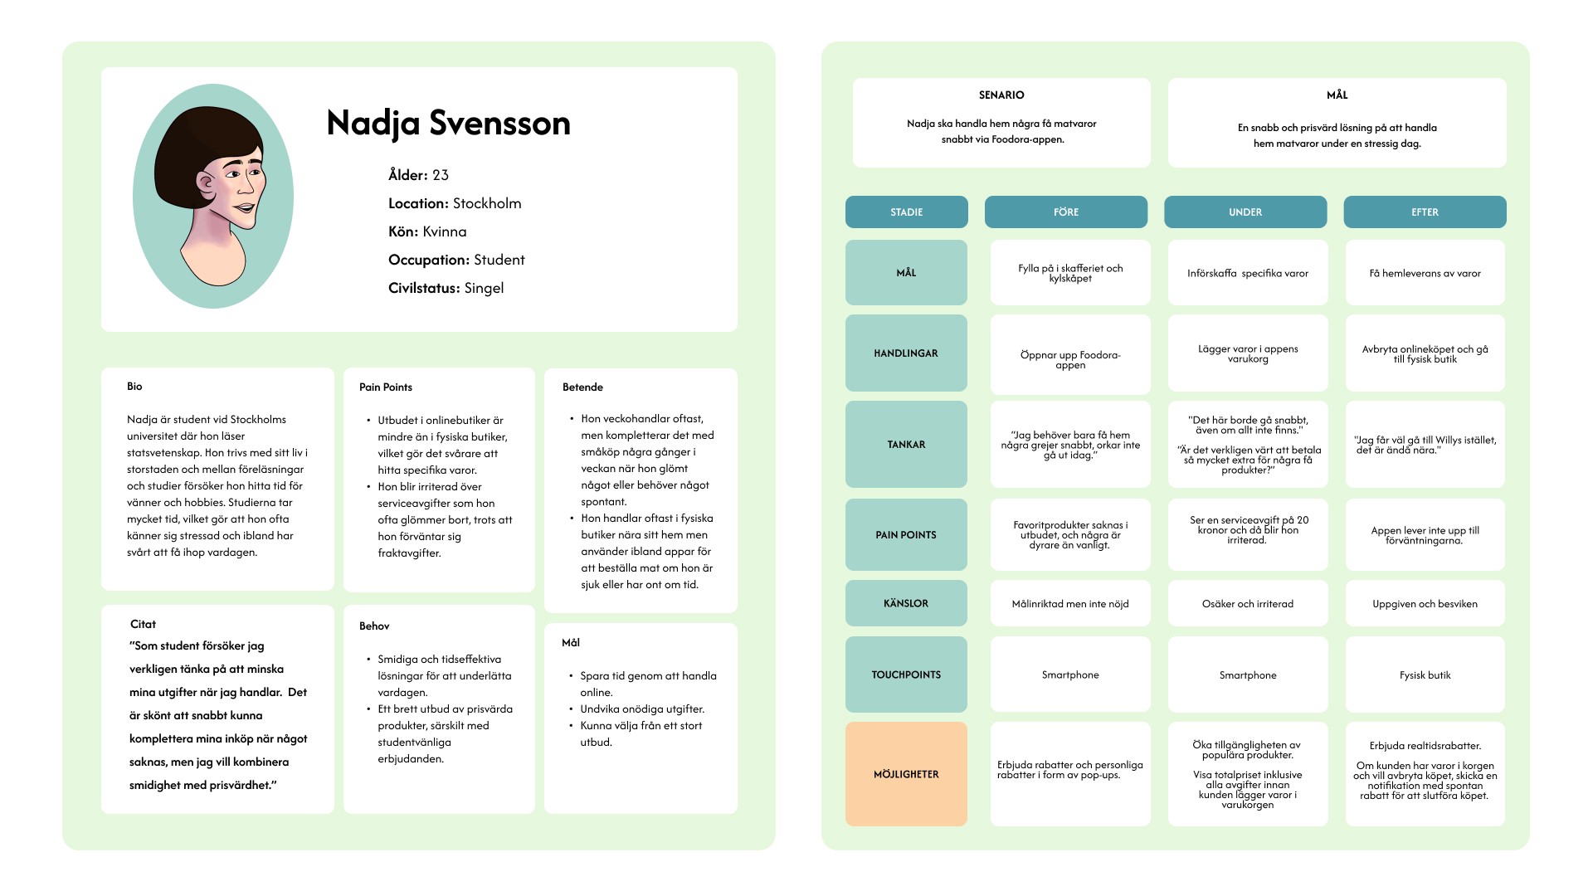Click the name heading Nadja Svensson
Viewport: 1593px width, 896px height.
[x=448, y=123]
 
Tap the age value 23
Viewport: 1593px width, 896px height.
[x=441, y=175]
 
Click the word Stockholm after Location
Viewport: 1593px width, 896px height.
[x=487, y=203]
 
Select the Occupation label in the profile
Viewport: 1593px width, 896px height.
[x=428, y=260]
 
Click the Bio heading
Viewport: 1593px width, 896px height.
[x=134, y=387]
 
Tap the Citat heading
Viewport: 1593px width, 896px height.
[x=143, y=624]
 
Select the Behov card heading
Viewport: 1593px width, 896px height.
[x=374, y=626]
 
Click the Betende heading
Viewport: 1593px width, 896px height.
[x=582, y=387]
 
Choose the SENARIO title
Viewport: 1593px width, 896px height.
[x=1001, y=95]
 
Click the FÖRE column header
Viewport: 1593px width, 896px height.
[x=1066, y=212]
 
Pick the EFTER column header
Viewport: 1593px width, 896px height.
[x=1425, y=212]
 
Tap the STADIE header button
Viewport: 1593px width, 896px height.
[x=906, y=212]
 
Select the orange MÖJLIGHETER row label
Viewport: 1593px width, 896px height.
[x=906, y=774]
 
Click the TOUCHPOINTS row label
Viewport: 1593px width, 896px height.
[x=906, y=674]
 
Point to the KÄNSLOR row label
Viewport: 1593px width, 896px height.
[x=906, y=603]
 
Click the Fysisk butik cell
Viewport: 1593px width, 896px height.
[x=1425, y=674]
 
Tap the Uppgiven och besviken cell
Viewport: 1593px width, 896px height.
[x=1425, y=604]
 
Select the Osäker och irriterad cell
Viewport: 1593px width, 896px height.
[x=1247, y=604]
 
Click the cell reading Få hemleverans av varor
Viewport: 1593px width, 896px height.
[x=1425, y=273]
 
